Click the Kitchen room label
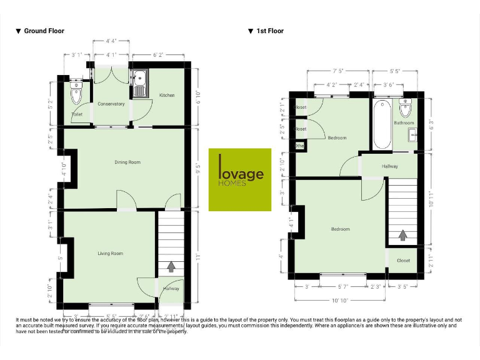(x=167, y=95)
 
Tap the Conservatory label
(x=111, y=104)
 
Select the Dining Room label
(x=127, y=162)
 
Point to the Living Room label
(x=110, y=253)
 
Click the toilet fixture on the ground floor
(x=76, y=95)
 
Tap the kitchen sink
(x=139, y=79)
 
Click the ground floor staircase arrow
(x=171, y=267)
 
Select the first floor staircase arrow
(x=402, y=235)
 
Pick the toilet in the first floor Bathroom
(x=405, y=109)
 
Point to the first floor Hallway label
(x=390, y=166)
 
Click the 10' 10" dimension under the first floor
(x=339, y=301)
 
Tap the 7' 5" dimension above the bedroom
(x=339, y=71)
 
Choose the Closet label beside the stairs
(x=403, y=261)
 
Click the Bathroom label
(x=403, y=123)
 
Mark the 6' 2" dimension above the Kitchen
(x=157, y=55)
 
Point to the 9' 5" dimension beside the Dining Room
(x=199, y=167)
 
